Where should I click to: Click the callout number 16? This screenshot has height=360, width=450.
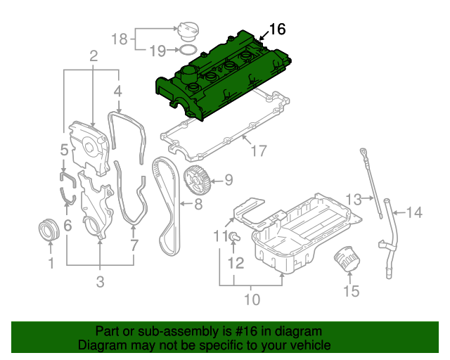[278, 29]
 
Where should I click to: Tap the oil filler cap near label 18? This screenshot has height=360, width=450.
[189, 32]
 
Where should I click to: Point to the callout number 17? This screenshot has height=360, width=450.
[259, 150]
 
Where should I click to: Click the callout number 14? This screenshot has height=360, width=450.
[414, 212]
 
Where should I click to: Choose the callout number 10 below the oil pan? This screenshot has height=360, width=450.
[251, 300]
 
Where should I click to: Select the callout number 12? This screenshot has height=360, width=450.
[236, 264]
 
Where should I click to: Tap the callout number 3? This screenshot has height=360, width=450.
[100, 282]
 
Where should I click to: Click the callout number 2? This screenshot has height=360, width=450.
[93, 56]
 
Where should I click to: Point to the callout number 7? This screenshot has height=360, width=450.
[133, 245]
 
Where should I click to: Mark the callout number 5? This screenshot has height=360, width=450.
[64, 150]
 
